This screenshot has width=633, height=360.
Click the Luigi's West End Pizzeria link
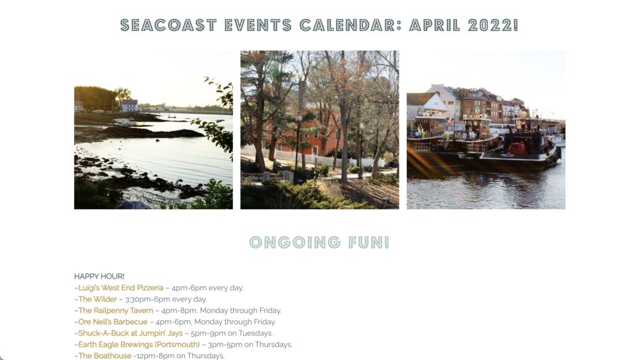point(121,288)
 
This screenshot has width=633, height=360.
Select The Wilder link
point(97,299)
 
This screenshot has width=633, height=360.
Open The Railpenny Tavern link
point(116,311)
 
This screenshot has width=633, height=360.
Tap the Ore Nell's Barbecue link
point(113,322)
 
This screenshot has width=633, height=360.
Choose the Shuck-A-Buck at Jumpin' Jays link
point(130,333)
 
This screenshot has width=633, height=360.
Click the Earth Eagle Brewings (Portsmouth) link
point(139,345)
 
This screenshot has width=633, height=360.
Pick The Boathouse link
point(104,356)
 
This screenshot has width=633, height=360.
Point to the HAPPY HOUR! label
point(100,276)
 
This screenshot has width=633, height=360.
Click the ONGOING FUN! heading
point(320,242)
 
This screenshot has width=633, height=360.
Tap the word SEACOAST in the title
point(168,25)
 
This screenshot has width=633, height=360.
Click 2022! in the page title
point(493,25)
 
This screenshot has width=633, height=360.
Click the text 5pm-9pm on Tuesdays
point(232,333)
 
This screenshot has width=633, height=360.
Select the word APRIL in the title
point(435,25)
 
